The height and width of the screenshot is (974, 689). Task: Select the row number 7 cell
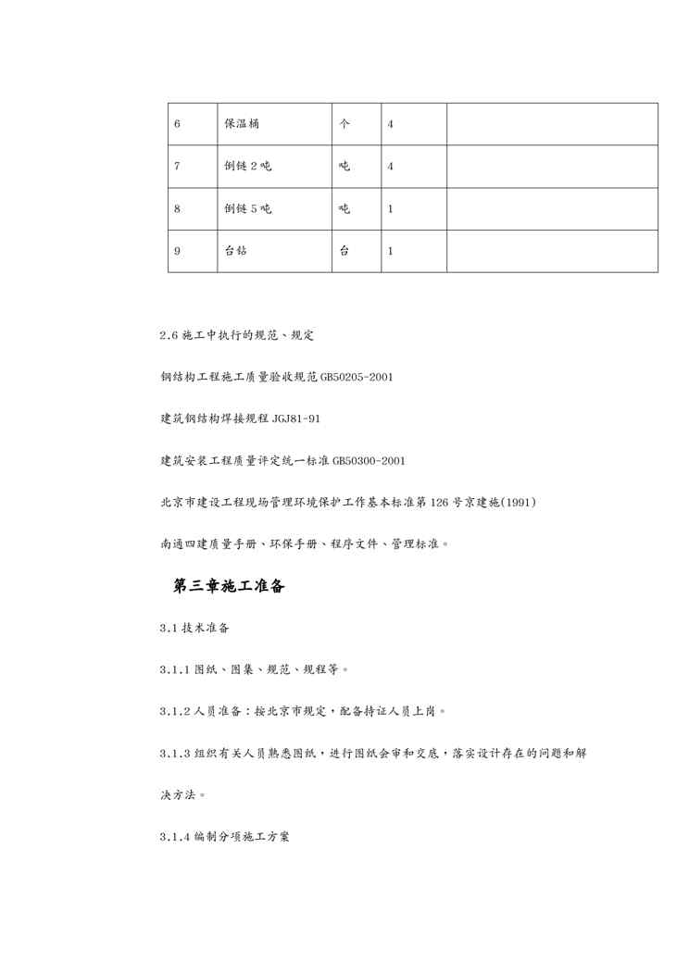coord(177,167)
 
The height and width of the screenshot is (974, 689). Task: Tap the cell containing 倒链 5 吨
coord(247,209)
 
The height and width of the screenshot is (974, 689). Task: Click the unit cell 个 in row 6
coord(344,124)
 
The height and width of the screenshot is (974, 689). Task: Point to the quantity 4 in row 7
coord(390,167)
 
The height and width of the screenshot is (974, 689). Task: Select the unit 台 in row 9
coord(344,251)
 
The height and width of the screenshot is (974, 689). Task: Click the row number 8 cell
coord(177,209)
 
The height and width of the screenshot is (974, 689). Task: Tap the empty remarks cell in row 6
coord(552,124)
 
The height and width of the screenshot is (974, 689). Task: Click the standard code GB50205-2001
coord(357,377)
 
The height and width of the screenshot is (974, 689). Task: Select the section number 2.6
coord(168,334)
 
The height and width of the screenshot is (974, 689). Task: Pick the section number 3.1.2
coord(176,711)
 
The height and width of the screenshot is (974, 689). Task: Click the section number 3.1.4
coord(176,836)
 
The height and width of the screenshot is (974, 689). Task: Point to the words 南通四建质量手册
coord(205,543)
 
